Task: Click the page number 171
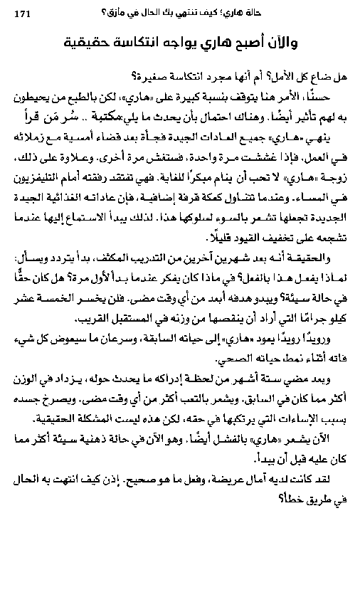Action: (x=23, y=11)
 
